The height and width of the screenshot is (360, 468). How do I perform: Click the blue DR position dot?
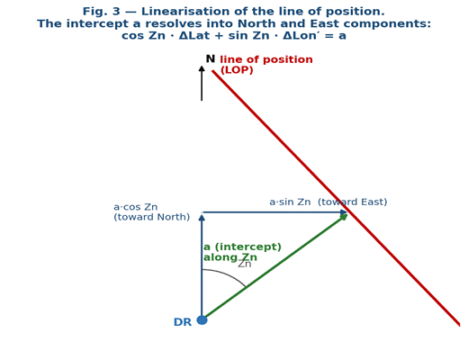point(202,320)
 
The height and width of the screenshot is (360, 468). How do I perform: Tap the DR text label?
point(183,322)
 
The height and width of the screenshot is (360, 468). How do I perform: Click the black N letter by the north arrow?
point(211,58)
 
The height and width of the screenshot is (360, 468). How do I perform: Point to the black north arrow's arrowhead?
point(202,69)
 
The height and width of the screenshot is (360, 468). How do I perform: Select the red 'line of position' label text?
point(266,59)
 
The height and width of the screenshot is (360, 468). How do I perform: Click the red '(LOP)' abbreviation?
point(237,70)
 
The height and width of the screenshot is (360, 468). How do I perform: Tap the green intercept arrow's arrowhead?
point(343,217)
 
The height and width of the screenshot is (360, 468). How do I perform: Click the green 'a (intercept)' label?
point(242,247)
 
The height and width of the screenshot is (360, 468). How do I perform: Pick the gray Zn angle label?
point(245,265)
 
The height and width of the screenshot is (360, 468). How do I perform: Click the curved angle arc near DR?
point(228,274)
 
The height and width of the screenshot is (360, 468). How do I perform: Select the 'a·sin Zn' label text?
point(290,202)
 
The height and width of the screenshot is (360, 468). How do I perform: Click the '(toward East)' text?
point(353,202)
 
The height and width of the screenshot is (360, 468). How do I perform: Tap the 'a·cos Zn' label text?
point(136,207)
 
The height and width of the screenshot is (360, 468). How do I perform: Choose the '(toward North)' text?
point(152,217)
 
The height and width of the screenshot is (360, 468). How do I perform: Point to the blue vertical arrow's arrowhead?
point(202,217)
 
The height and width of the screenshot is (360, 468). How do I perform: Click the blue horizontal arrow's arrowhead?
point(344,212)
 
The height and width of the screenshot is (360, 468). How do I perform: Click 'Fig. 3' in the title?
point(102,12)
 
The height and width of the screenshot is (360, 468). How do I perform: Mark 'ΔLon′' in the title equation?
point(300,36)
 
